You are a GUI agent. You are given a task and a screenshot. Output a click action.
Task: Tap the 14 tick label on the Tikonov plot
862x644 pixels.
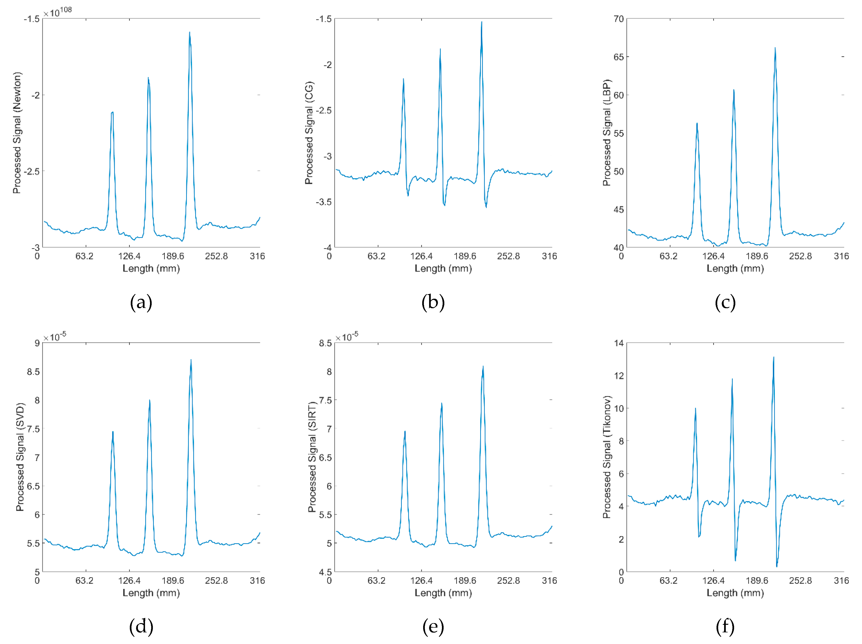point(619,343)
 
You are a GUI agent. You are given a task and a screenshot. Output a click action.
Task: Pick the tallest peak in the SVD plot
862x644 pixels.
point(191,360)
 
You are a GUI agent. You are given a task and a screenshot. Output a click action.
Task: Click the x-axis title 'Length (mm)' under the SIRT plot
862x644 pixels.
point(443,593)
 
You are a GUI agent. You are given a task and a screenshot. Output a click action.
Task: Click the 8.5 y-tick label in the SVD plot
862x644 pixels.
point(34,372)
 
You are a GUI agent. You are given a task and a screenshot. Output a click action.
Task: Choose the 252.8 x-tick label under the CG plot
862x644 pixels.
point(508,256)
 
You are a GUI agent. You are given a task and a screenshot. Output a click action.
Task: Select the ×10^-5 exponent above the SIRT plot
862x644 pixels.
point(347,336)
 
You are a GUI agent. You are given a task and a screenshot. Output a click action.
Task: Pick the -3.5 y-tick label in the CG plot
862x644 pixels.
point(324,202)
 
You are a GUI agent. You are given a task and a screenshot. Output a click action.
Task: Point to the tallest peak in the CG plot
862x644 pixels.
point(482,22)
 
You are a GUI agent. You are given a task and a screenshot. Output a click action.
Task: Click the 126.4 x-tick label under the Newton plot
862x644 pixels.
point(129,256)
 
